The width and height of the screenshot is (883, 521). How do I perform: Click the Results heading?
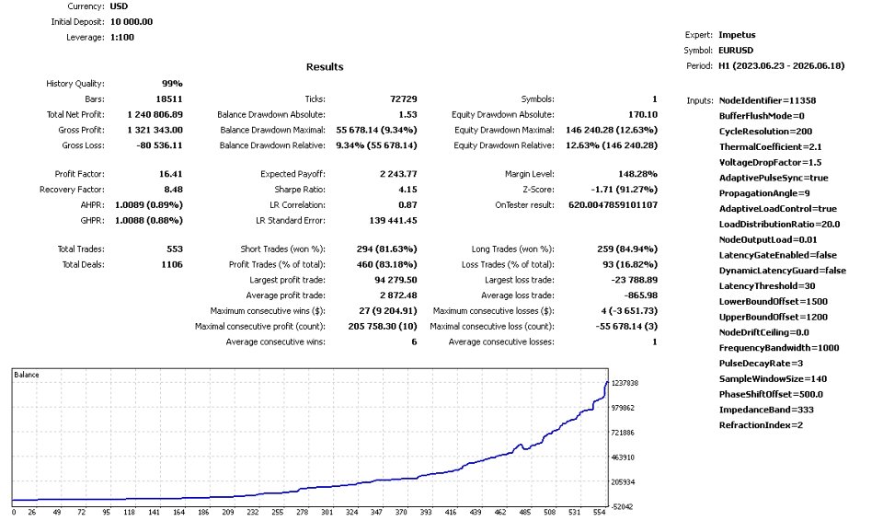click(325, 66)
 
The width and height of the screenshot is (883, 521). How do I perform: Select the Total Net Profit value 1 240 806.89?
click(155, 114)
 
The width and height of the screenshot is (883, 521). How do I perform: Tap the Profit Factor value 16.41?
click(171, 174)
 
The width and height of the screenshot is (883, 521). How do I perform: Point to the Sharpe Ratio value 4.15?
click(407, 190)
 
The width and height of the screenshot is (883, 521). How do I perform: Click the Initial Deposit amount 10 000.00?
click(132, 21)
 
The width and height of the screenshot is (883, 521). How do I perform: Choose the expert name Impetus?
click(737, 34)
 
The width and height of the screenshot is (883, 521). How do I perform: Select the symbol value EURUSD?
click(736, 51)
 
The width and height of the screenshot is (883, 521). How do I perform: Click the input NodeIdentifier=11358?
click(767, 100)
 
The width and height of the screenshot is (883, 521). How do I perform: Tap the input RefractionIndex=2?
click(761, 425)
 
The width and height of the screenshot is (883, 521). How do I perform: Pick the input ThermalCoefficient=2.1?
click(771, 146)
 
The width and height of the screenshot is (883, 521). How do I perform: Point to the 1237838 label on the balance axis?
click(625, 383)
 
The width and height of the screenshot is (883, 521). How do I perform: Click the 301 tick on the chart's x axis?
click(327, 512)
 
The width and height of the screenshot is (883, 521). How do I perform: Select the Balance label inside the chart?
click(27, 375)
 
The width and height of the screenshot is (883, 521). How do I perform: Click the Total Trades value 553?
click(175, 249)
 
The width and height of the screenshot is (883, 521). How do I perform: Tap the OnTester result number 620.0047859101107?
click(613, 204)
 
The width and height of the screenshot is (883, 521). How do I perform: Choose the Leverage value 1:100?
click(122, 37)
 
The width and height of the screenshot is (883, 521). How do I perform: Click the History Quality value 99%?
click(172, 84)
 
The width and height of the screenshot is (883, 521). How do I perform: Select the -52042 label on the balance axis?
click(623, 506)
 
